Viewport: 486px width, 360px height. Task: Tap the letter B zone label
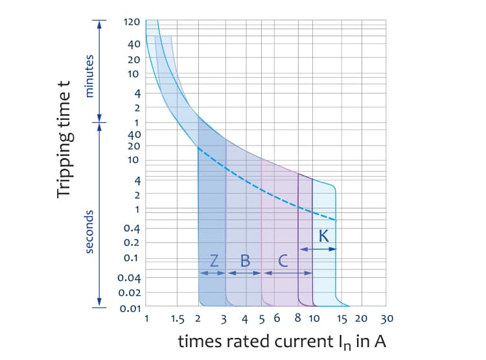coord(245,260)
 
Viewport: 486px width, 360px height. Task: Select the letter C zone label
coord(283,260)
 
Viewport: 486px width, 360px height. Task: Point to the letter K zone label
coord(323,236)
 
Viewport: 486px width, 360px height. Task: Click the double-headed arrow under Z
coord(212,273)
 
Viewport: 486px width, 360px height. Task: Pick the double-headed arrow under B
coord(244,273)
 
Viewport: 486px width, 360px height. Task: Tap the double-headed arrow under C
coord(280,273)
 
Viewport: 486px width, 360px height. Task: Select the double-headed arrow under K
coord(318,249)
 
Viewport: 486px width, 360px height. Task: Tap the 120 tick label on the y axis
coord(132,22)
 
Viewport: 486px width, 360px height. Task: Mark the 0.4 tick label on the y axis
coord(133,227)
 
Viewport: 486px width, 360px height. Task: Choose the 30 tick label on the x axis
coord(387,319)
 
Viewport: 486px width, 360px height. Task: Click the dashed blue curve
coord(259,185)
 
